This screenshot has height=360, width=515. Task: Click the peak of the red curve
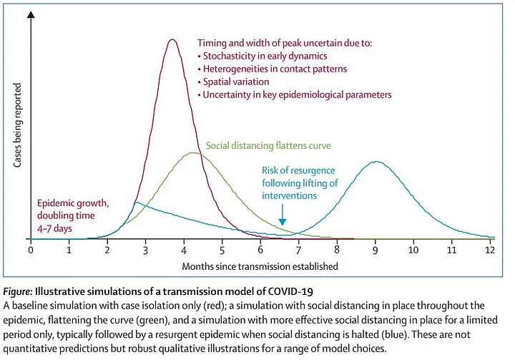click(172, 40)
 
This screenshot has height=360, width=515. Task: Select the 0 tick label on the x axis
click(31, 251)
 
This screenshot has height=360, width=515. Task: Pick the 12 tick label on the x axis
click(490, 251)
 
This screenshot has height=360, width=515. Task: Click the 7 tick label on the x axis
click(299, 251)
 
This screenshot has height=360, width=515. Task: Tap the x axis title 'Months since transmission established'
click(260, 266)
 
